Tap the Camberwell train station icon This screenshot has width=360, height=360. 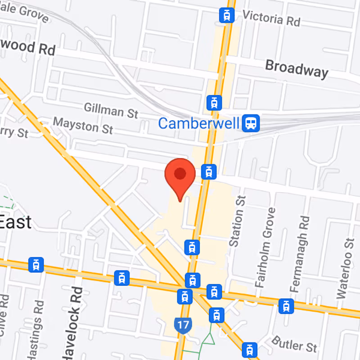pyautogui.click(x=250, y=123)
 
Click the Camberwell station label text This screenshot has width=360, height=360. pyautogui.click(x=198, y=123)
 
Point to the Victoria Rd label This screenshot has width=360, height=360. pyautogui.click(x=271, y=18)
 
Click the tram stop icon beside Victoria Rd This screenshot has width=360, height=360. pyautogui.click(x=227, y=16)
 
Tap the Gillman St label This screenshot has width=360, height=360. pyautogui.click(x=111, y=110)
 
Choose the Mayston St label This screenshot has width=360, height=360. pyautogui.click(x=83, y=126)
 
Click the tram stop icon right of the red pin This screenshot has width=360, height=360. pyautogui.click(x=208, y=171)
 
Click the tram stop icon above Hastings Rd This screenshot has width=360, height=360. pyautogui.click(x=36, y=265)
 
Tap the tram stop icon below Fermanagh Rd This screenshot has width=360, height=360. pyautogui.click(x=286, y=306)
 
